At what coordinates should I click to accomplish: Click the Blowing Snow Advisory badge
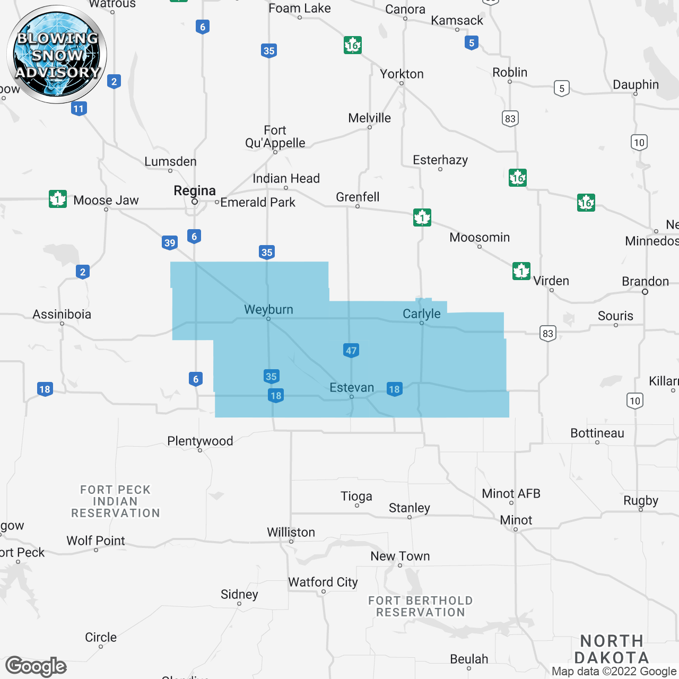click(57, 55)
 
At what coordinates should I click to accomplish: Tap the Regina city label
click(195, 191)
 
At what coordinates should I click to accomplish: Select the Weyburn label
click(268, 309)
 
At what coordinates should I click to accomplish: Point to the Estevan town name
click(352, 388)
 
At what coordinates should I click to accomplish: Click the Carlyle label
click(422, 314)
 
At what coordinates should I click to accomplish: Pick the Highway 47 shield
click(351, 350)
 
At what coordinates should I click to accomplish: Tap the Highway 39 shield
click(170, 243)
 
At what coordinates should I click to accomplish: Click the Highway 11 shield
click(79, 109)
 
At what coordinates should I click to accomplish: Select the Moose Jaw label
click(106, 201)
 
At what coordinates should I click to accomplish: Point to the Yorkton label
click(402, 74)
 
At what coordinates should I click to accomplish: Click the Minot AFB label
click(511, 493)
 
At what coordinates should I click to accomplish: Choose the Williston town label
click(291, 532)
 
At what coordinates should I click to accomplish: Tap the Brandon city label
click(645, 281)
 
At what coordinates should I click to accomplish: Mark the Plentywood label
click(200, 441)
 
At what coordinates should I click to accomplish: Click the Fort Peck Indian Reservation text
click(116, 501)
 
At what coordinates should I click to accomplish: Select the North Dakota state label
click(612, 649)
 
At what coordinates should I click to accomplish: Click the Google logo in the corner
click(36, 666)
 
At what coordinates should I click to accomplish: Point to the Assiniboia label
click(62, 314)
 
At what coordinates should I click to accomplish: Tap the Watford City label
click(323, 582)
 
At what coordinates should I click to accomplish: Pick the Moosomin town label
click(480, 237)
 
